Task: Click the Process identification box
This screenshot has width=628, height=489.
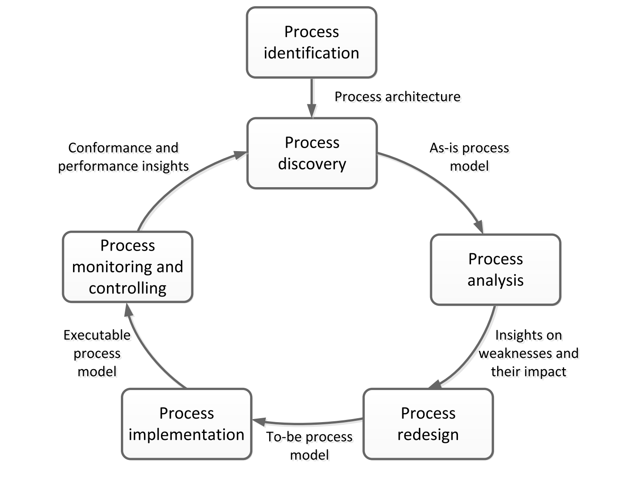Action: (311, 43)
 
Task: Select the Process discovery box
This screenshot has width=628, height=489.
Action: (312, 153)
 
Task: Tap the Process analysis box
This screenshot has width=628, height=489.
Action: (495, 270)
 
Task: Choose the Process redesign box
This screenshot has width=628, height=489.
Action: (428, 424)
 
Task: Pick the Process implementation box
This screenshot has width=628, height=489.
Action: (187, 424)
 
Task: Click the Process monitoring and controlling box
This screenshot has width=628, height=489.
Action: (127, 267)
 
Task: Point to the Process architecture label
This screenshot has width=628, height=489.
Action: (397, 96)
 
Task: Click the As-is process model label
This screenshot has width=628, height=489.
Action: (469, 157)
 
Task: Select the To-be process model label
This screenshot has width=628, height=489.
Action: (309, 446)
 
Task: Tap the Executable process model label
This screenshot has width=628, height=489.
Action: (97, 353)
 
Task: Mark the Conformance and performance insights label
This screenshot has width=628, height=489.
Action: (123, 157)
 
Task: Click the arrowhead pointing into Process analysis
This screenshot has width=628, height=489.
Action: (478, 228)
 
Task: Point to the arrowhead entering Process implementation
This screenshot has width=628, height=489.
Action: (259, 421)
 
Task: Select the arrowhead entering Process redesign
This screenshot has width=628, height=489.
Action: (435, 385)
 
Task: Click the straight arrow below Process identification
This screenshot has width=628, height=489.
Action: (312, 98)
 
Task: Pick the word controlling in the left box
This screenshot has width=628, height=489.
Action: (127, 288)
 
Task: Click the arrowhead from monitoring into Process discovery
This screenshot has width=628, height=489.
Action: (241, 155)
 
